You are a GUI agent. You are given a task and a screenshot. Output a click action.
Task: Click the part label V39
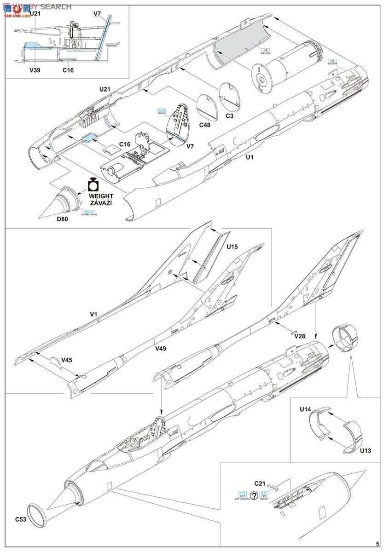point(35,70)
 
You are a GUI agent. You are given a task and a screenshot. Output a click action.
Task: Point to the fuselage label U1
point(250,157)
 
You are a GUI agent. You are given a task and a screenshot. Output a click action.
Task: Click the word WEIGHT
point(101,195)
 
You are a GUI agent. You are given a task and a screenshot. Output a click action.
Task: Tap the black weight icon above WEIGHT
point(94,184)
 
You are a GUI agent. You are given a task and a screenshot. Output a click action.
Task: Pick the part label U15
point(233,247)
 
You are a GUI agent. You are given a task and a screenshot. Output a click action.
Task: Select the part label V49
point(160,348)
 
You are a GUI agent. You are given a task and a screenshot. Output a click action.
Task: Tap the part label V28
point(300,336)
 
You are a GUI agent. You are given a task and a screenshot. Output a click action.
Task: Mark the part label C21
point(260,483)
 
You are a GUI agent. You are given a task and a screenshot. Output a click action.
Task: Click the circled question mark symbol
point(254,496)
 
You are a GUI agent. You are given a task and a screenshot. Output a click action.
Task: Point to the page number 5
point(377,543)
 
